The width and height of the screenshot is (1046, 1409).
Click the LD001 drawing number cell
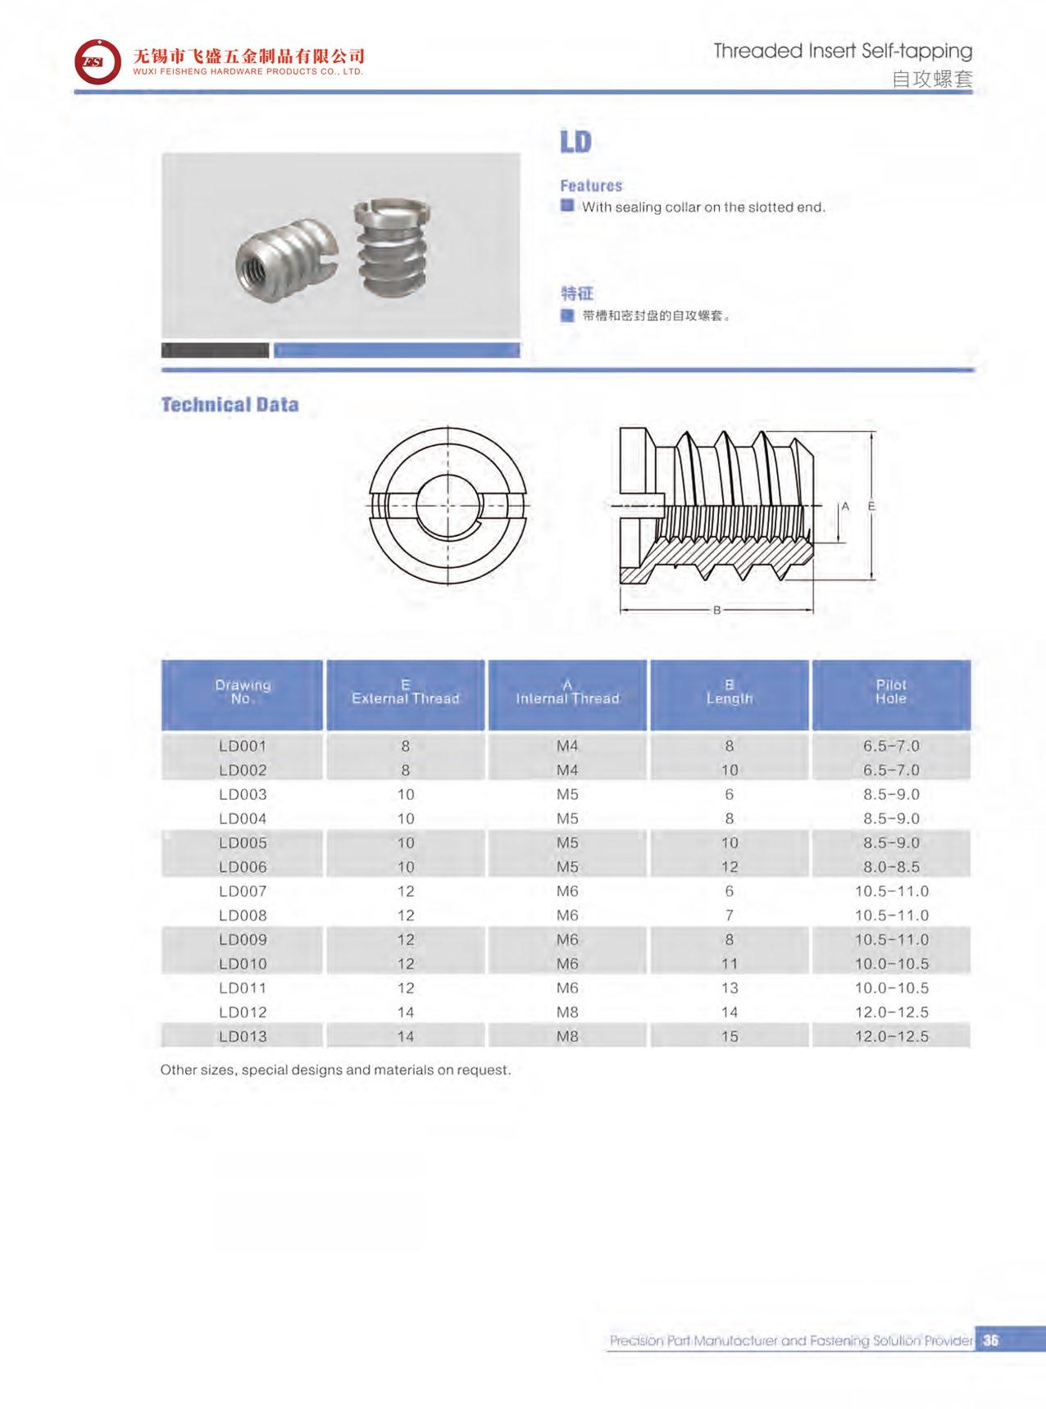243,746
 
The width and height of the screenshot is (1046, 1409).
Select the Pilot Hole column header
891,693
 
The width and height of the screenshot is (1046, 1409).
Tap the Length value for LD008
730,915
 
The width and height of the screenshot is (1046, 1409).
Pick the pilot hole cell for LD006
891,866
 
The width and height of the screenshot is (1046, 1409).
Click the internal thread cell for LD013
567,1036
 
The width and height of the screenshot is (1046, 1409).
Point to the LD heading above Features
575,143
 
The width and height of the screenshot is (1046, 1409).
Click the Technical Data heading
230,405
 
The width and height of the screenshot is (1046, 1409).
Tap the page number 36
991,1340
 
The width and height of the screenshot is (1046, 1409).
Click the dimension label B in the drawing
716,610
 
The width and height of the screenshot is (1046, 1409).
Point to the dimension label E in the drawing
871,507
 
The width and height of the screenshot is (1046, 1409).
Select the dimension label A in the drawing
845,507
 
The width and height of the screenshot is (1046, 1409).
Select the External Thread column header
405,693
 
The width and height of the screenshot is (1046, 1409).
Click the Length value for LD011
730,988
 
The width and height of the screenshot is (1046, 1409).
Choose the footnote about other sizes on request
335,1070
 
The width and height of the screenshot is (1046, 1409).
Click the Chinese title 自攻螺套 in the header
932,80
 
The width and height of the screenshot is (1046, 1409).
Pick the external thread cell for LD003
405,794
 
